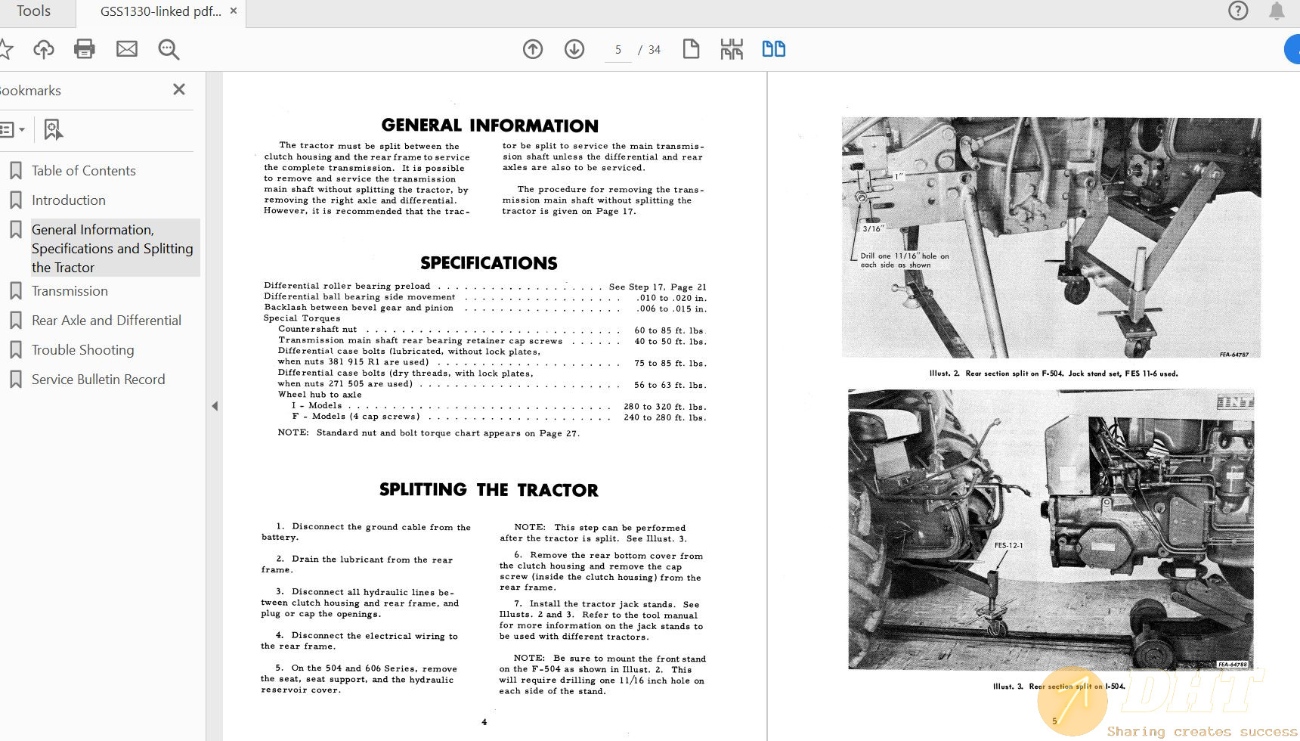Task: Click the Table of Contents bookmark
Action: coord(83,171)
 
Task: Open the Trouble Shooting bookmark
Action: coord(82,350)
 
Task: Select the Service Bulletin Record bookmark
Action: coord(97,380)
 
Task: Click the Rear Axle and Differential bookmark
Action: coord(106,321)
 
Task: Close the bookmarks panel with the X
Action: coord(179,89)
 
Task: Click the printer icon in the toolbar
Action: coord(85,49)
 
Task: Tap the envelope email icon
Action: coord(127,49)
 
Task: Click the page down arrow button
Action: coord(574,49)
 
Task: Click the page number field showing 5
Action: coord(617,50)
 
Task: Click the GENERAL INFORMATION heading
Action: coord(490,126)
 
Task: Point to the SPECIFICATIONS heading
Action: coord(488,263)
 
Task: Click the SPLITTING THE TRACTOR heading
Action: coord(488,490)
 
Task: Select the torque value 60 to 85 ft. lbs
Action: coord(669,330)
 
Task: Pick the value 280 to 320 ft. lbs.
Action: coord(664,407)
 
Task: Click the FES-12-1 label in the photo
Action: coord(1008,545)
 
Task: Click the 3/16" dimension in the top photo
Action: coord(873,228)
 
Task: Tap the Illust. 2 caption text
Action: coord(1053,374)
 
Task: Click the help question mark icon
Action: coord(1238,11)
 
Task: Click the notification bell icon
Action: coord(1277,11)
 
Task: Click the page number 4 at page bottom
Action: coord(484,722)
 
